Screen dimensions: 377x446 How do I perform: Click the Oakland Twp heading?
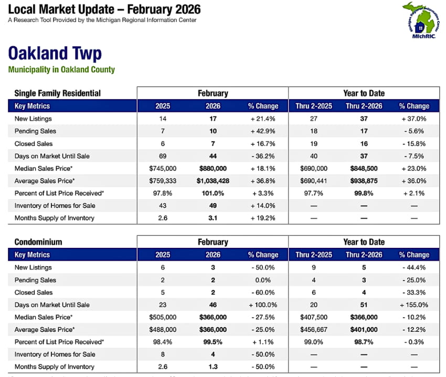click(x=55, y=53)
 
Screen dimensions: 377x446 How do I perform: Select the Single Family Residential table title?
click(x=57, y=93)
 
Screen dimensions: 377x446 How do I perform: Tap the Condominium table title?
click(x=38, y=242)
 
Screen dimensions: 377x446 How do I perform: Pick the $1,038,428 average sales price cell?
click(x=213, y=181)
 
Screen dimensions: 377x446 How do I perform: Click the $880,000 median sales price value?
click(x=213, y=169)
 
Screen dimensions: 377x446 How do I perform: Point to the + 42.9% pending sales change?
click(x=263, y=131)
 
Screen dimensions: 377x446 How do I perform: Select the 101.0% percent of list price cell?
click(x=213, y=193)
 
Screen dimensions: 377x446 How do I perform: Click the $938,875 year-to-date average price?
click(x=364, y=181)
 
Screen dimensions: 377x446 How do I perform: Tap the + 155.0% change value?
click(x=414, y=305)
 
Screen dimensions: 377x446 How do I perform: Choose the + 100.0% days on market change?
click(x=263, y=305)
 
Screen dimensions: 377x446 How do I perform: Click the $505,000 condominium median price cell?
click(x=163, y=317)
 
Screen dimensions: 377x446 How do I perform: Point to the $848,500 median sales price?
click(x=364, y=169)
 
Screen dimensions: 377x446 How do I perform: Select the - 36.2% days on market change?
click(x=263, y=156)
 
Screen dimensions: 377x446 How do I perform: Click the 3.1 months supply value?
click(x=213, y=218)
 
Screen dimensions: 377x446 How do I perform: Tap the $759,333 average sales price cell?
click(x=163, y=181)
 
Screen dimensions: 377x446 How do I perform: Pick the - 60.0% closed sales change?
click(x=263, y=292)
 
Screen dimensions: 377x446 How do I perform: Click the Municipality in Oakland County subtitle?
click(x=61, y=70)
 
